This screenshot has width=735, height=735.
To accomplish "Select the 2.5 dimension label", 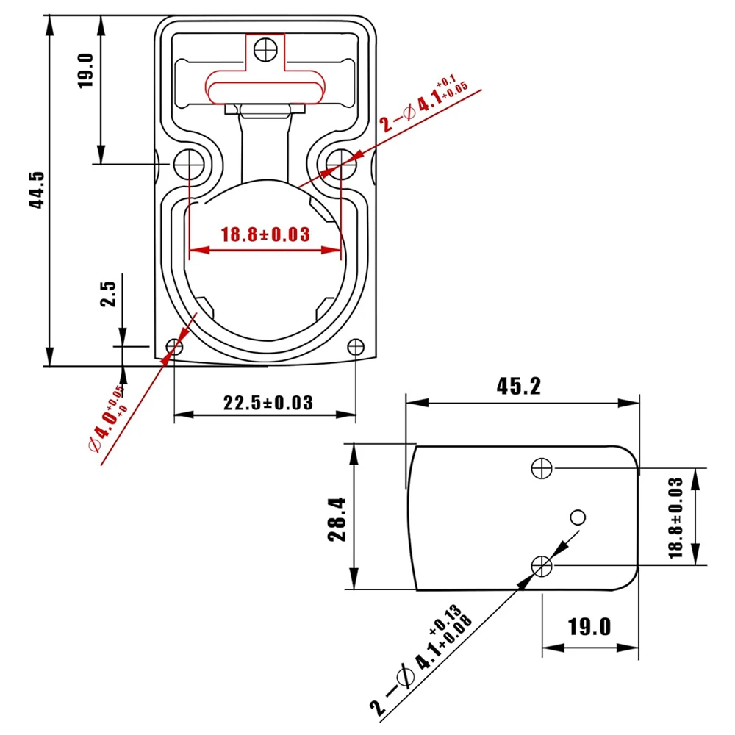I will tap(109, 293).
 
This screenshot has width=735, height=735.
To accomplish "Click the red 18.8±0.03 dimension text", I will tap(265, 234).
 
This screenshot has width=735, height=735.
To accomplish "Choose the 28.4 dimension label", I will tap(337, 518).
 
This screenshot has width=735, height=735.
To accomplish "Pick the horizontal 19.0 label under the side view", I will tap(589, 627).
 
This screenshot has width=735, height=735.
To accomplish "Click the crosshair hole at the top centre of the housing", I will tap(264, 49).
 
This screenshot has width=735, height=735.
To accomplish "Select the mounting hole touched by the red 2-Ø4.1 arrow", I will tap(339, 161).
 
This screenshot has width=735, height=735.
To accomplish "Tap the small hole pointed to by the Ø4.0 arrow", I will tap(175, 346).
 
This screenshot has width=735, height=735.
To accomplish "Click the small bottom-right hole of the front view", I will tap(356, 346).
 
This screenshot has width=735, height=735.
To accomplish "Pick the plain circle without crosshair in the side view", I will tap(578, 517).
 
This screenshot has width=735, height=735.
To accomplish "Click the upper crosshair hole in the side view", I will tap(542, 467).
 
